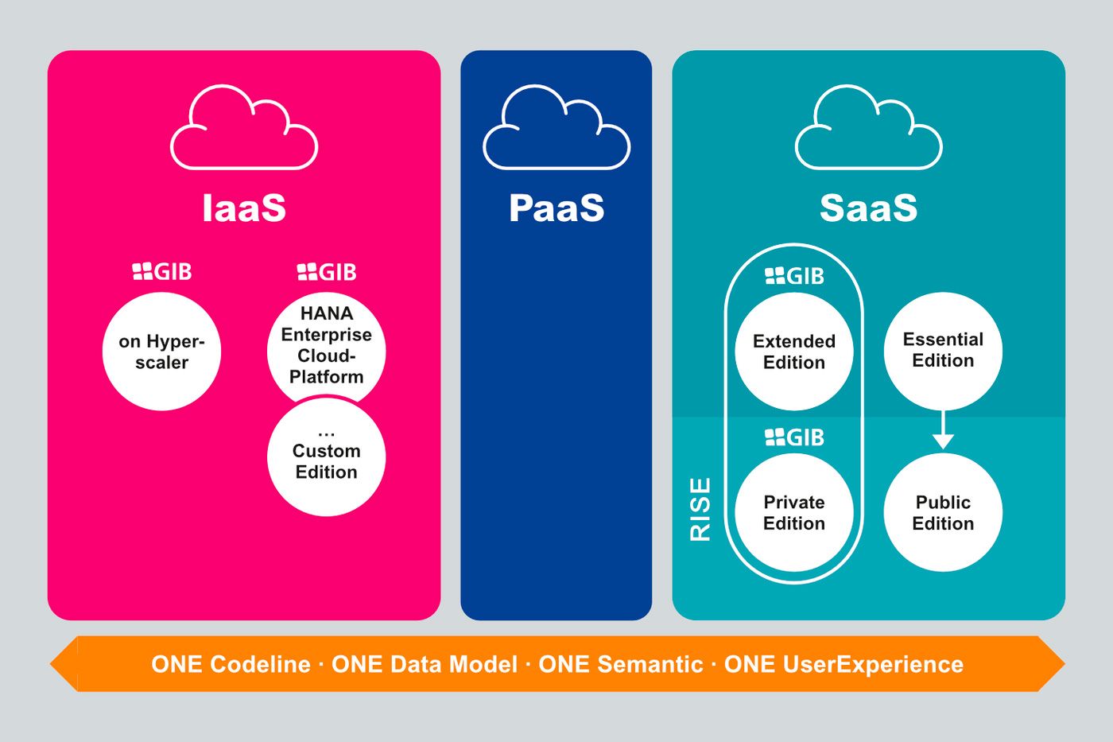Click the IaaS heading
(243, 208)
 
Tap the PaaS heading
(556, 208)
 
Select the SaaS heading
(868, 208)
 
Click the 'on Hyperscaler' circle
(161, 352)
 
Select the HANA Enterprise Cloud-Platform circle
(326, 344)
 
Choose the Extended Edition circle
(793, 352)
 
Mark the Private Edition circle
(793, 512)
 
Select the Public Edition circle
(943, 512)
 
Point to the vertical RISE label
(700, 509)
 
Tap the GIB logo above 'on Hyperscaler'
(162, 272)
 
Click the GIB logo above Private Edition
(794, 437)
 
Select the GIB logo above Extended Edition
(794, 276)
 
